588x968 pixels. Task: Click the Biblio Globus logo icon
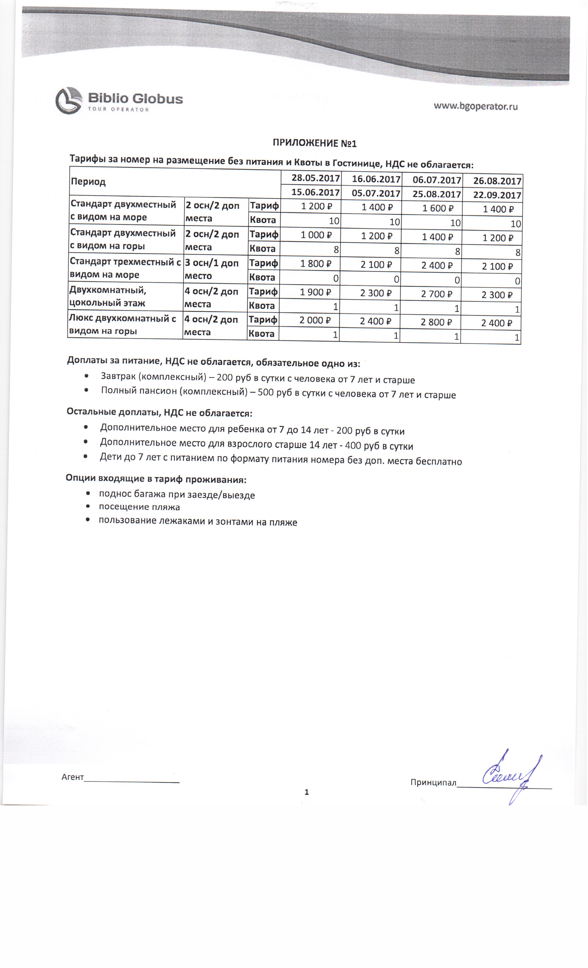tap(69, 100)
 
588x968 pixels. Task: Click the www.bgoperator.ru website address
tap(476, 106)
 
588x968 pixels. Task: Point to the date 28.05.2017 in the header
tap(316, 178)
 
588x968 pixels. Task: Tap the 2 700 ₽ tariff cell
tap(436, 294)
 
